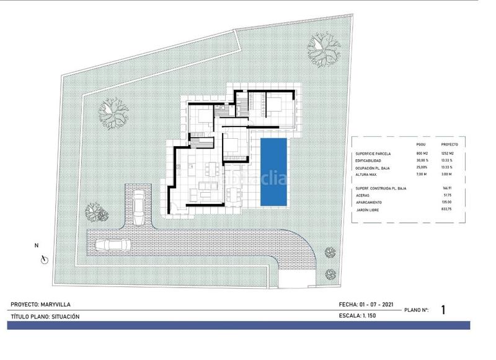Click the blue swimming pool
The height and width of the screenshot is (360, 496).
coord(273,172)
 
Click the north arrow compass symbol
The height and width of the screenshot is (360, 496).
coord(42,260)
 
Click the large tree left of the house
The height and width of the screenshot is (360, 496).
coord(113,114)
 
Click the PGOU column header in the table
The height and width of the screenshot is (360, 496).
coord(422,144)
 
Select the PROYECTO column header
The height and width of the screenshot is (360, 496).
coord(459,144)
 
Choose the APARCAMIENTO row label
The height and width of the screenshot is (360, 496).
coord(372,202)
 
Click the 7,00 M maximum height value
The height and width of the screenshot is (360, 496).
coord(423,175)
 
